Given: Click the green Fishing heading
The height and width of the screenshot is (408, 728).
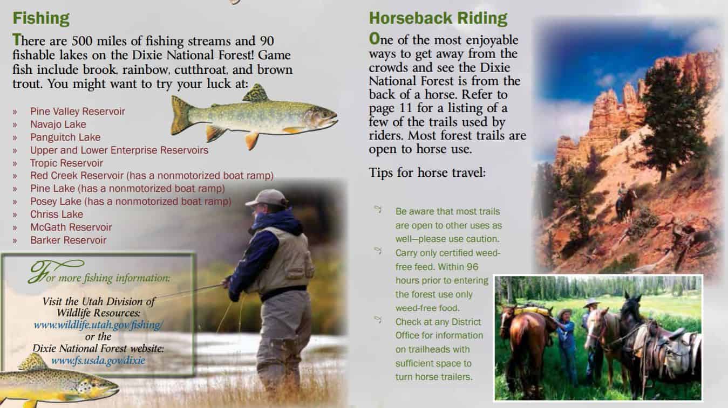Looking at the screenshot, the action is point(41,18).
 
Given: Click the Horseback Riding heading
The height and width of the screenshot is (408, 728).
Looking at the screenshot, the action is point(438,18).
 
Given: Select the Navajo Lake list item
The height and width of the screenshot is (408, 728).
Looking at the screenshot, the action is point(58,125).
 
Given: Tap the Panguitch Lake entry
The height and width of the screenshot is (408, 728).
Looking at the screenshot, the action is point(65,137).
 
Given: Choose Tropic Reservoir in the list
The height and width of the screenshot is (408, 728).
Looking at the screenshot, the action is point(66,163).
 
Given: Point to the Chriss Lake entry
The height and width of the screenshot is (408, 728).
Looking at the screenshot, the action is point(57,214).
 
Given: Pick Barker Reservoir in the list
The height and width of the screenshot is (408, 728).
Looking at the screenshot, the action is point(68,240).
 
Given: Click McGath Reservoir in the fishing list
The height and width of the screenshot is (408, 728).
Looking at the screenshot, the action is point(71,227).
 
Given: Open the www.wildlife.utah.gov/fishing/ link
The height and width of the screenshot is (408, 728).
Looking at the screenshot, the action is point(98,325).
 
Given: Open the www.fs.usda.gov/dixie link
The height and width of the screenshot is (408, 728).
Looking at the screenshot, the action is point(98,360).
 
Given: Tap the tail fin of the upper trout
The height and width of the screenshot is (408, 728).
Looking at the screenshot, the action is point(181,115).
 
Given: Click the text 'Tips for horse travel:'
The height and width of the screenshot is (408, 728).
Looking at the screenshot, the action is point(427,172).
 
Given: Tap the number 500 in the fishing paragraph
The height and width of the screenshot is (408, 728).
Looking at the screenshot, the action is point(82,41).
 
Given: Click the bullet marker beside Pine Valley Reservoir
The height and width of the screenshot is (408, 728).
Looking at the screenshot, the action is point(15,112).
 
